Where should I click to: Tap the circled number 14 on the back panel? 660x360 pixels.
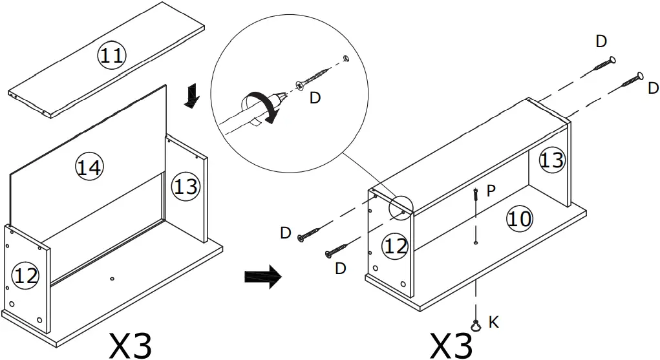(89, 167)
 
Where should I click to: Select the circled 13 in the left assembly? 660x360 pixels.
(186, 187)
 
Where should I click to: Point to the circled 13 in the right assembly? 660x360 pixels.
(552, 160)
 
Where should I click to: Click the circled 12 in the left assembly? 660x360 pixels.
(26, 277)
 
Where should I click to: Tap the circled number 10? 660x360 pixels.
(518, 219)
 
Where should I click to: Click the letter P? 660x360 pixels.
(492, 191)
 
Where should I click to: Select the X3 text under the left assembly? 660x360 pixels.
(131, 346)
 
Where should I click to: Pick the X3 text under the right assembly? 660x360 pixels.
(452, 346)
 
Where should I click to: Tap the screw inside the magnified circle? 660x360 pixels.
(313, 79)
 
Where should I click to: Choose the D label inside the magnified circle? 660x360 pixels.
(315, 98)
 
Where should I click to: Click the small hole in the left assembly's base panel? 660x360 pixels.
(112, 279)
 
